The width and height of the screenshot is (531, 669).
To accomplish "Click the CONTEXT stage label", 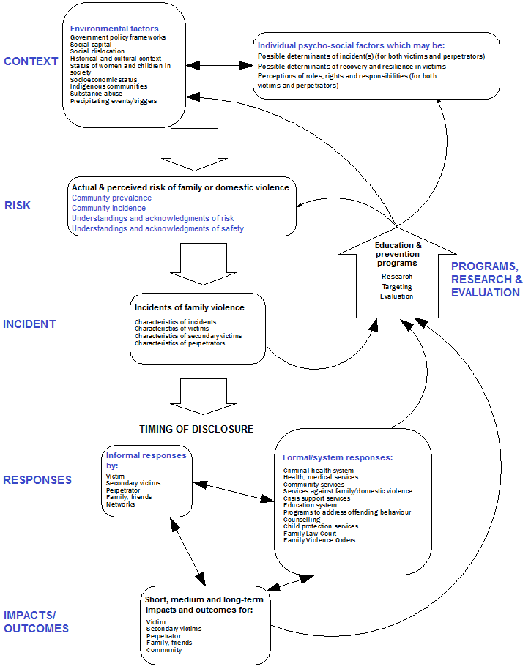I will tap(31, 61).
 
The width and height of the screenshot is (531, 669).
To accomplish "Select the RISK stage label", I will tap(18, 206).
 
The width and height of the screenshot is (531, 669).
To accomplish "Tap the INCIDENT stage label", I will tap(29, 324).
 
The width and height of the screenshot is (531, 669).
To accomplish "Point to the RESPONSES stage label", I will tap(37, 480).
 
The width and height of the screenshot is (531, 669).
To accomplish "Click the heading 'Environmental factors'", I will tap(114, 29).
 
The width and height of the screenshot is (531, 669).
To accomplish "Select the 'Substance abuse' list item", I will tap(97, 94).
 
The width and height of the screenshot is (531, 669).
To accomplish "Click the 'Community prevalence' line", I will tap(111, 198).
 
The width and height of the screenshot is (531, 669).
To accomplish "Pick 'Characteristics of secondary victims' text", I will tap(187, 336).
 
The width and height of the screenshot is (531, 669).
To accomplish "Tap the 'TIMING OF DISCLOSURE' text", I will tap(196, 429).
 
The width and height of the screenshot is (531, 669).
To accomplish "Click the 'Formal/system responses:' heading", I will tap(338, 457).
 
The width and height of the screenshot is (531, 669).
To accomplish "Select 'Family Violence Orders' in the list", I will tap(319, 540).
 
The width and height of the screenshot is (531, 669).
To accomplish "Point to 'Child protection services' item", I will tap(321, 526).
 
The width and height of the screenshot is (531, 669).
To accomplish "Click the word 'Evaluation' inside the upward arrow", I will tap(396, 296).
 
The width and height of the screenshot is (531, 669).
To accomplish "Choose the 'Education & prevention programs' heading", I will tap(398, 254).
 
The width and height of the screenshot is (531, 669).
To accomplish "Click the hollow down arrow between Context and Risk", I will tap(188, 149).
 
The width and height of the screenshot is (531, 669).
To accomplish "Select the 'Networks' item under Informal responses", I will tap(121, 504).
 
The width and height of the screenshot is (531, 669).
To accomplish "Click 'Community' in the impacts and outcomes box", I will tap(164, 650).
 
